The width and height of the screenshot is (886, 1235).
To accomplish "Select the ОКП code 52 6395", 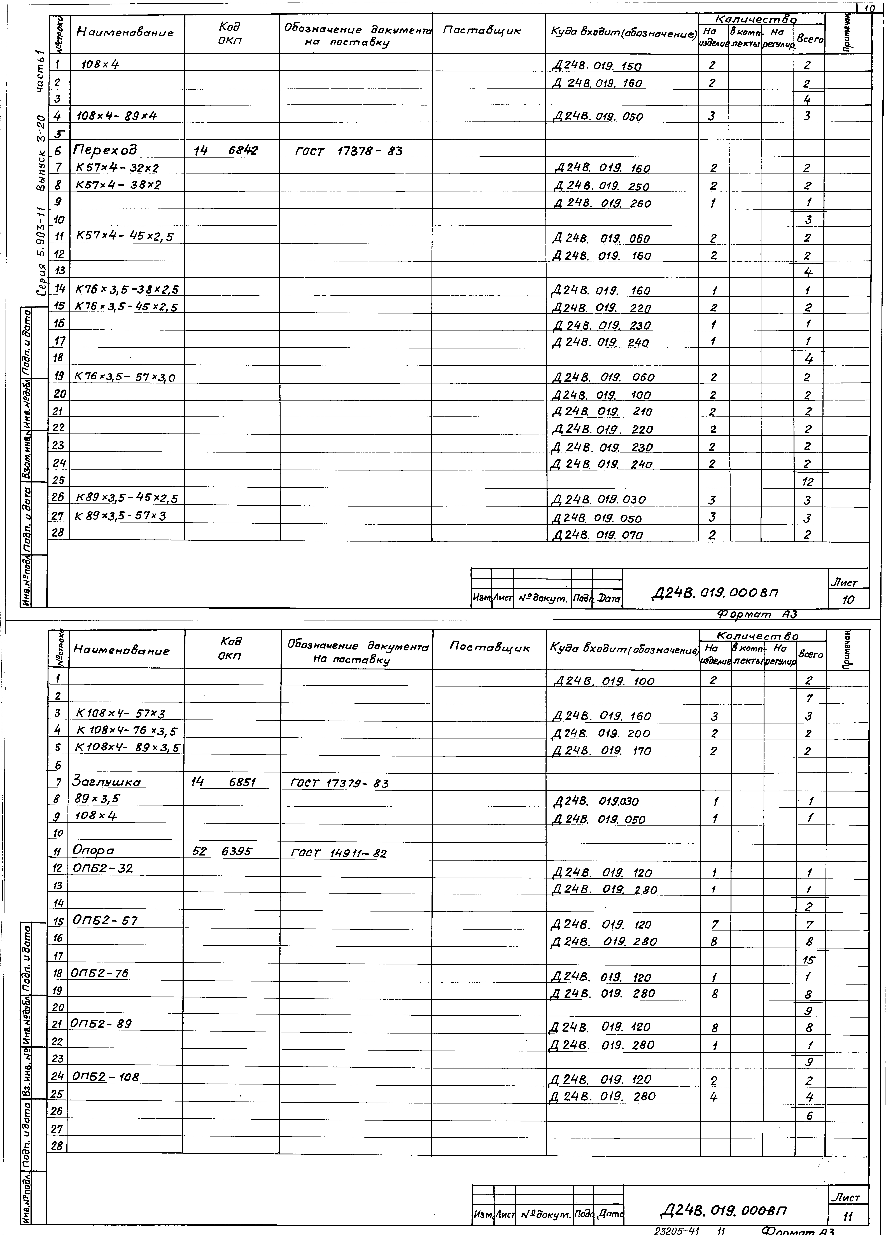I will (222, 851).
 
